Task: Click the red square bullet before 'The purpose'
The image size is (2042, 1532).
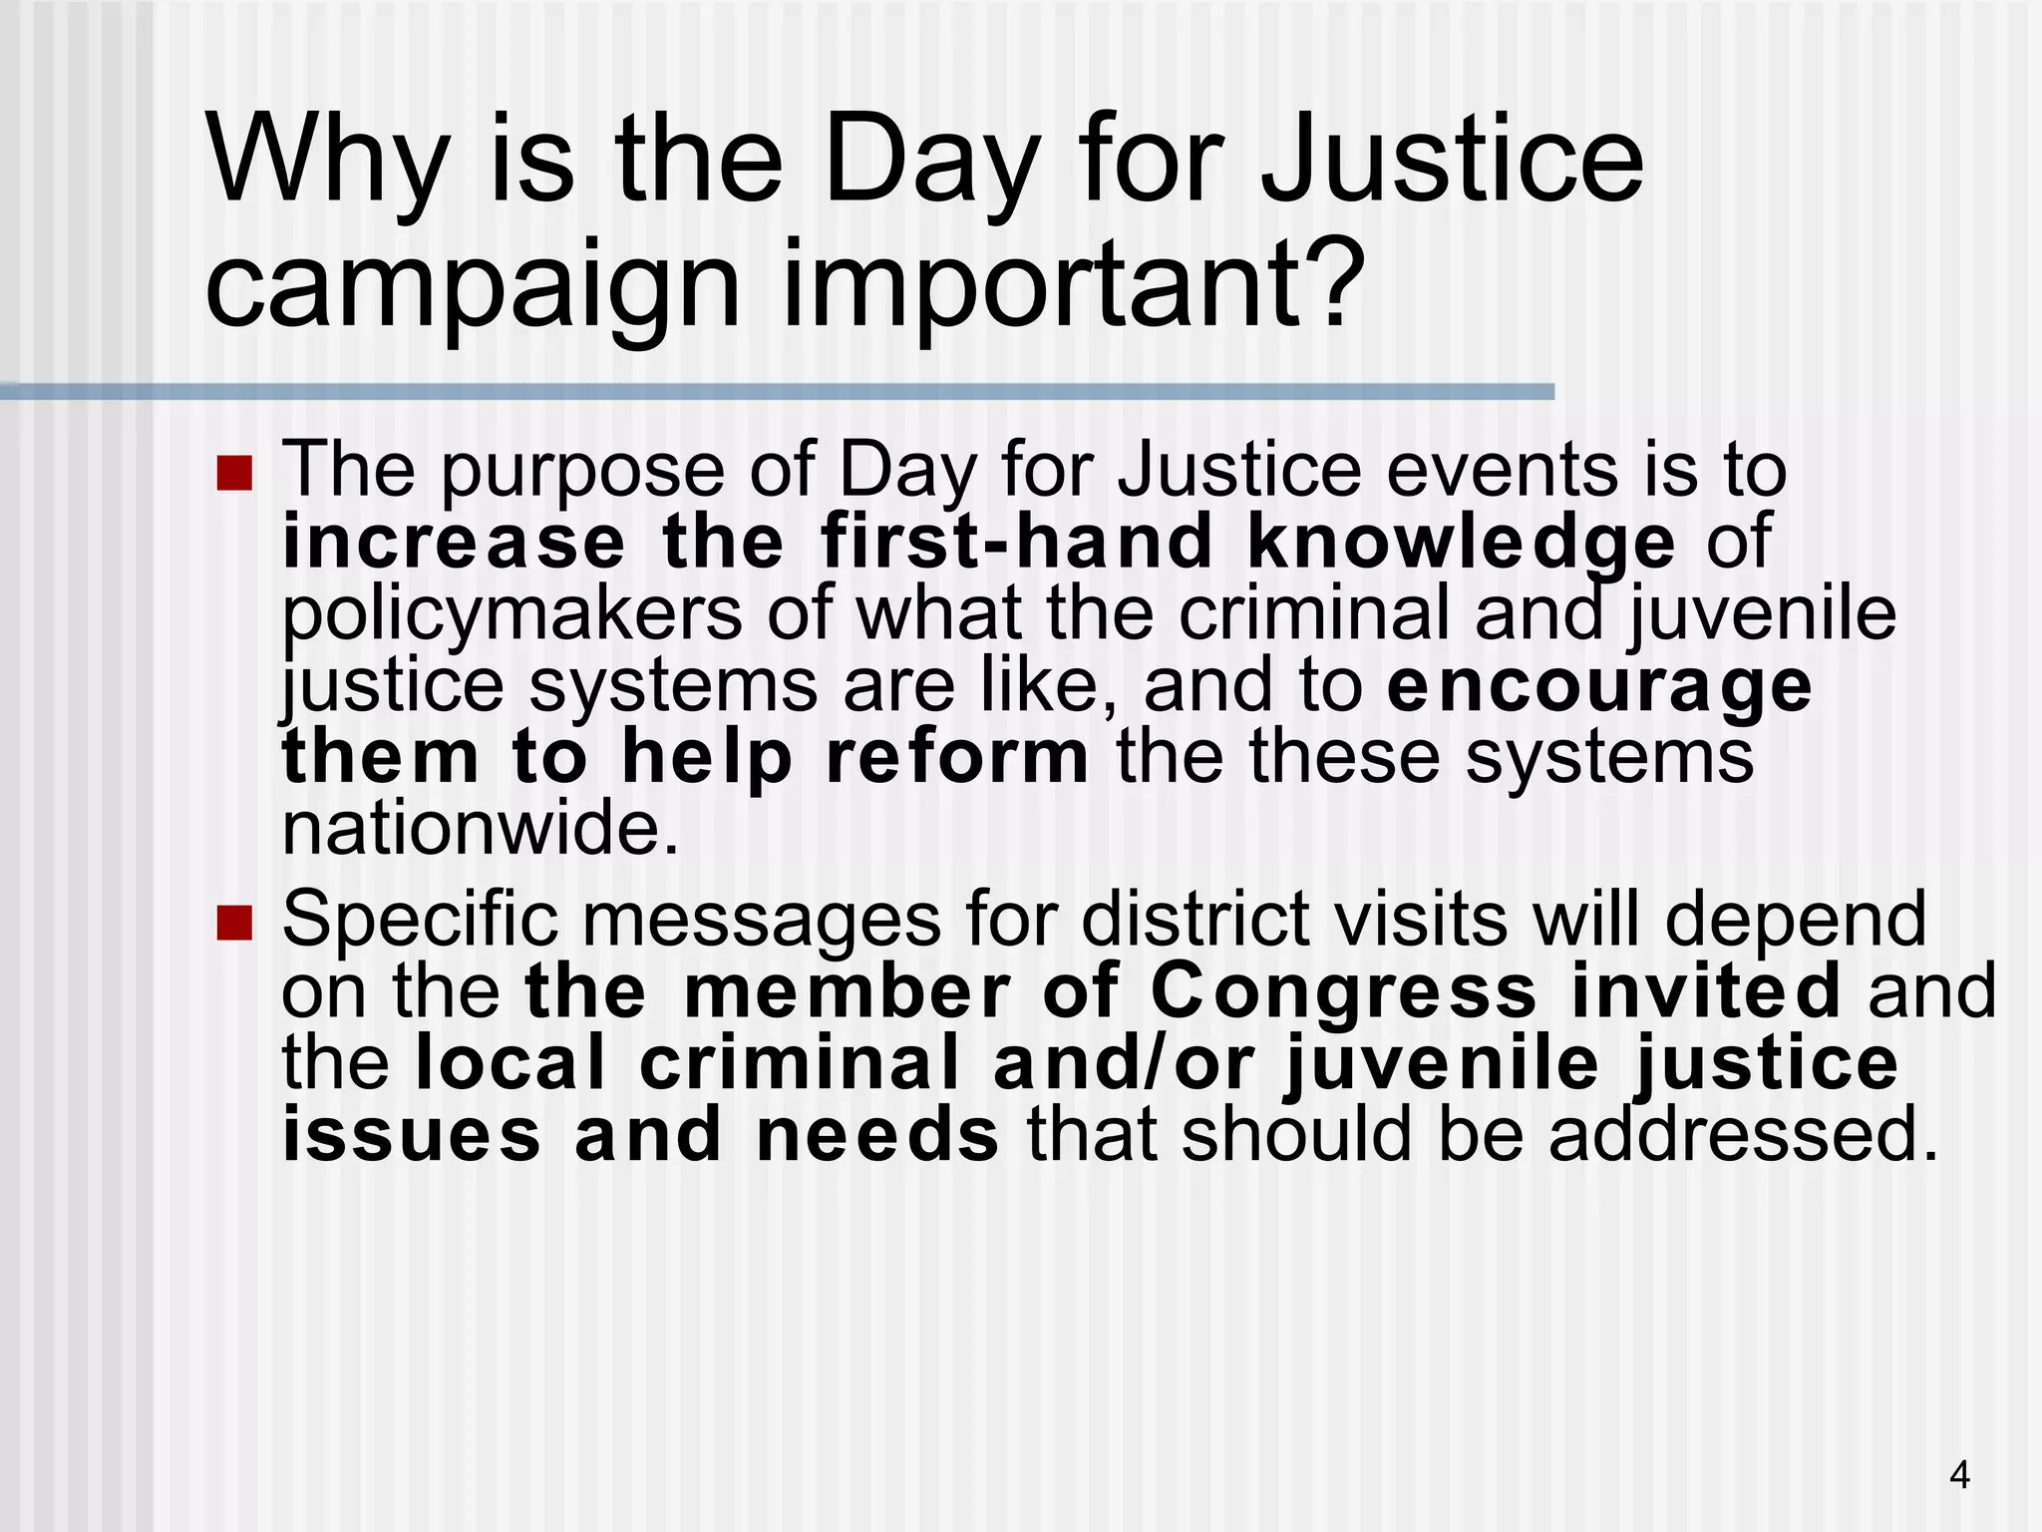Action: tap(234, 473)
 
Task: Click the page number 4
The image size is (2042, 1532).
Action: tap(1959, 1474)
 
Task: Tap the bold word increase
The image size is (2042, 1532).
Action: tap(454, 543)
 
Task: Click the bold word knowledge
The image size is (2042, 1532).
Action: tap(1461, 545)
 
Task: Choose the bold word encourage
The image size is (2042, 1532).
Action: tap(1599, 687)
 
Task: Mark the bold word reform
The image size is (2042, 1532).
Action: tap(958, 758)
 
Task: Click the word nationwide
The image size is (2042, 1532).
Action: tap(480, 829)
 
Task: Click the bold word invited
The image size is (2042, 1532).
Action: tap(1706, 991)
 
